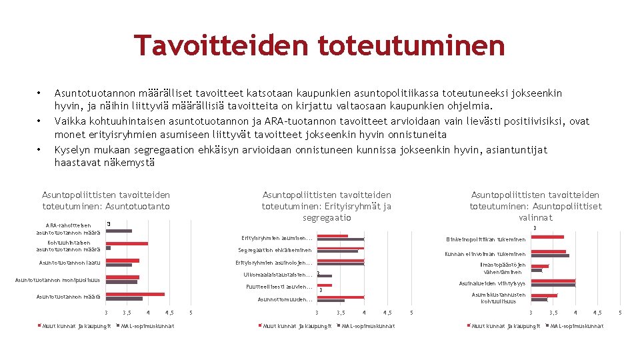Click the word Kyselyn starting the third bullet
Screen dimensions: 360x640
pos(73,150)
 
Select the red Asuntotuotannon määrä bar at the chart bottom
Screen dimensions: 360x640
pos(135,294)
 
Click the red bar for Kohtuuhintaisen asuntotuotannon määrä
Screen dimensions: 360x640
pos(127,243)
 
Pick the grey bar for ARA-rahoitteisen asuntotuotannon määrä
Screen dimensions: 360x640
pos(119,231)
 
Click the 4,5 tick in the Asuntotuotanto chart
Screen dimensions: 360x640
pos(169,313)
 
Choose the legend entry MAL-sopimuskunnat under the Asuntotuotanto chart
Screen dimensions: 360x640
pos(148,326)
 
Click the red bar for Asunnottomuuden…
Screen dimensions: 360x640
pos(340,297)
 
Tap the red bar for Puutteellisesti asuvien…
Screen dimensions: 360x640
pos(324,285)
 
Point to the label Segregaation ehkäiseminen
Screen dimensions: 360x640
pos(275,251)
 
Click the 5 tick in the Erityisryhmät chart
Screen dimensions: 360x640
pos(411,313)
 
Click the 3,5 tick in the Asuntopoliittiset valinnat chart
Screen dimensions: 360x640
pos(553,313)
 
